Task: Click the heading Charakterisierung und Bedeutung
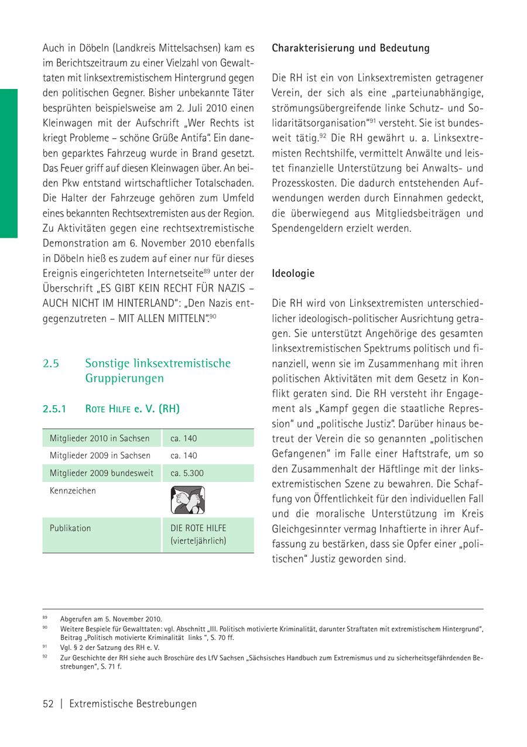tap(350, 49)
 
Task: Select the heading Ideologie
tap(293, 273)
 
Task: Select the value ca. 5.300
tap(187, 473)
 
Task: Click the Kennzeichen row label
tap(73, 491)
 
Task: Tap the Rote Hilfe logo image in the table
tap(187, 501)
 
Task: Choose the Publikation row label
tap(70, 528)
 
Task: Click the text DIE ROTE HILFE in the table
tap(199, 528)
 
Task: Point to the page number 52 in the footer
tap(48, 704)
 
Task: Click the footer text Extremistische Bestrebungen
tap(133, 704)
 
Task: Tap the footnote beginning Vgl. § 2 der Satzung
tap(109, 647)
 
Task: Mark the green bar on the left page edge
tap(8, 164)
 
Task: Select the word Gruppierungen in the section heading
tap(124, 379)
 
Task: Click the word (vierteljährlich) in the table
tap(199, 542)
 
